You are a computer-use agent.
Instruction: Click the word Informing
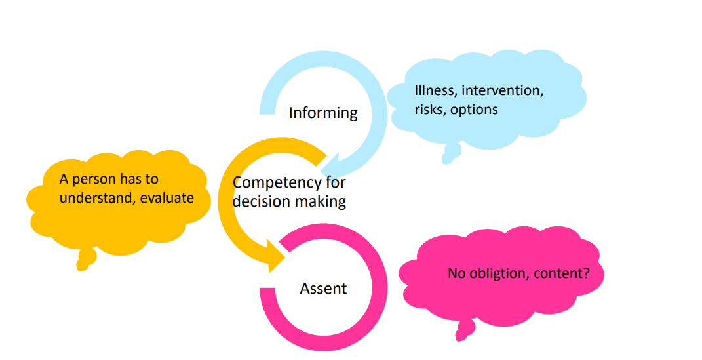click(x=323, y=113)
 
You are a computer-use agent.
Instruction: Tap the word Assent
click(x=323, y=288)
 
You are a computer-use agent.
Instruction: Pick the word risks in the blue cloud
click(x=430, y=110)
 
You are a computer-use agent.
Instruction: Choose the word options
click(x=474, y=110)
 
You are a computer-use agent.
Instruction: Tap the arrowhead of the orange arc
click(x=275, y=256)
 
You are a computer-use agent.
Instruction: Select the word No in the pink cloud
click(x=456, y=273)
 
